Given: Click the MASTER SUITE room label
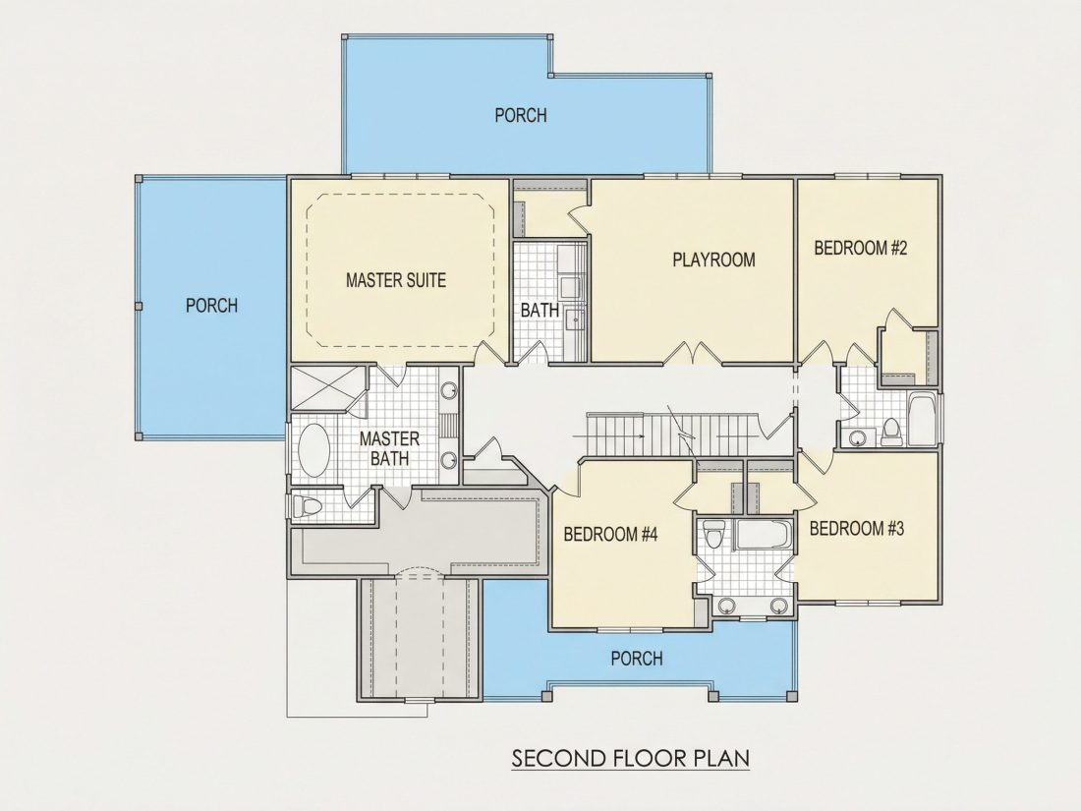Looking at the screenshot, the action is coord(396,280).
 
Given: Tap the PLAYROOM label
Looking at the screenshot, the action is coord(713,260).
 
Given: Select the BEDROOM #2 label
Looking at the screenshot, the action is coord(861,249).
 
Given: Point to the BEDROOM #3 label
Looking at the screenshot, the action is coord(856,529).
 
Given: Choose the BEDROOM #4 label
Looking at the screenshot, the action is coord(611,535).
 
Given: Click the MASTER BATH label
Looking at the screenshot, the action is coord(389,448).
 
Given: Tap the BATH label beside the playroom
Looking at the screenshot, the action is coord(540,311).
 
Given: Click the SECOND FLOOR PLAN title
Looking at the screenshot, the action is coord(630,758).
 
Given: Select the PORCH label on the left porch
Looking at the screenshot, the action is coord(211,306).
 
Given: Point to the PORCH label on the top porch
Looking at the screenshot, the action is coord(521,115).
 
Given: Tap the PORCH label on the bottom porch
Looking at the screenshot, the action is coord(637,659).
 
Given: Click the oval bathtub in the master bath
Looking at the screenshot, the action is coord(314,450).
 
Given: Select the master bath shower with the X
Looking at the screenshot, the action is coord(327,389).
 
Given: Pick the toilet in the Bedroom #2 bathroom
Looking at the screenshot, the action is coord(890,432).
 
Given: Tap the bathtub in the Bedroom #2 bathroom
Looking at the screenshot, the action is coord(921,420).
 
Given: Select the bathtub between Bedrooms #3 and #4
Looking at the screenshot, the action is coord(762,535).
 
